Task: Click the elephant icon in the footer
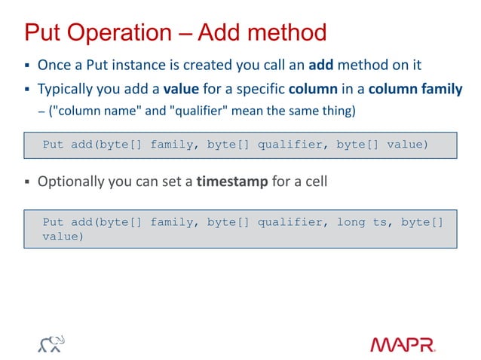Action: coord(51,344)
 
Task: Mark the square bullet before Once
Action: coord(26,66)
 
